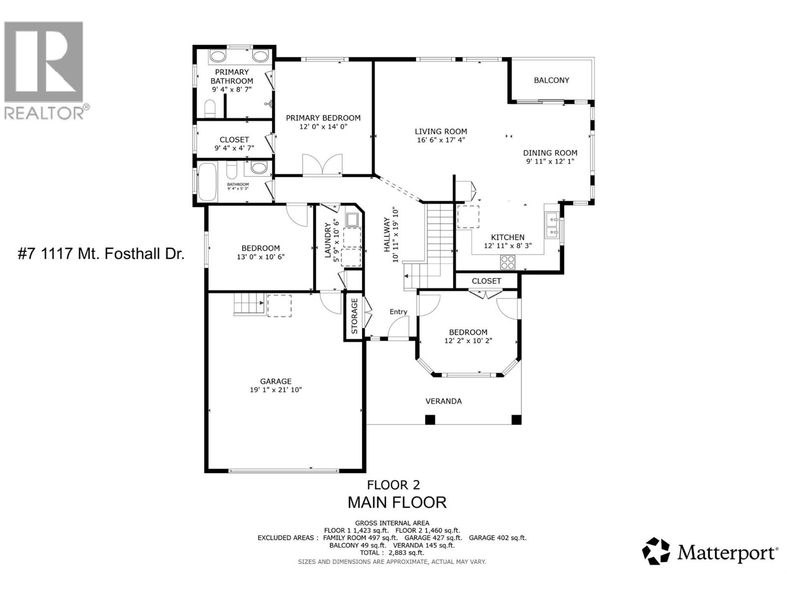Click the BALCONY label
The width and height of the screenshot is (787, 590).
(x=551, y=80)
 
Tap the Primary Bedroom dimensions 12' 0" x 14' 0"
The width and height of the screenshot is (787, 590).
(x=323, y=126)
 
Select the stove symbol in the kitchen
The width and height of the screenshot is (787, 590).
(x=508, y=262)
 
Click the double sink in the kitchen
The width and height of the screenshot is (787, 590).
(x=551, y=225)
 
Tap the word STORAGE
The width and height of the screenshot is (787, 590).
(x=354, y=316)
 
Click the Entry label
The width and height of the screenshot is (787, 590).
(x=398, y=312)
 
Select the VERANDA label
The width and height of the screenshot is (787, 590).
(x=443, y=401)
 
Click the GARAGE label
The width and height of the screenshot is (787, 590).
(x=275, y=381)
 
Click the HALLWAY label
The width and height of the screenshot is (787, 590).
(x=387, y=235)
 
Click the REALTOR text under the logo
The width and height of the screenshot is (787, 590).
(x=44, y=113)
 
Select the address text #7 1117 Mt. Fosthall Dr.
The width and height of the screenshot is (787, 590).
(x=101, y=254)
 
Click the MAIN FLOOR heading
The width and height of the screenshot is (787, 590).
(x=396, y=502)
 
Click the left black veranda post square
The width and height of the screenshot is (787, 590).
(x=430, y=420)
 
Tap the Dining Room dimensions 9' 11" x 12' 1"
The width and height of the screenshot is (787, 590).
(x=549, y=161)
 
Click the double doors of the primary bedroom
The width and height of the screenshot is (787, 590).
(x=322, y=164)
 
